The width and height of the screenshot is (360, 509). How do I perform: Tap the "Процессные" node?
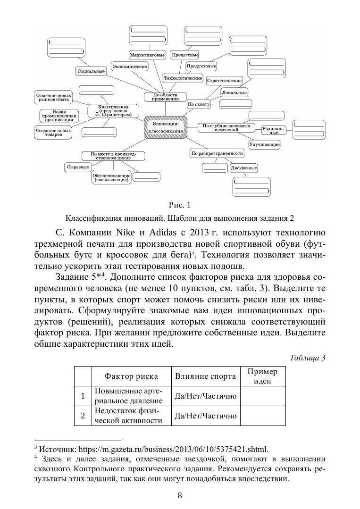[x=184, y=55]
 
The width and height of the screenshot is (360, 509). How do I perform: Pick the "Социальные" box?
[x=91, y=71]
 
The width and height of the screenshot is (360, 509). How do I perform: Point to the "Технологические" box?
[x=183, y=78]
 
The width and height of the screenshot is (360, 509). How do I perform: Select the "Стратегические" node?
[x=225, y=81]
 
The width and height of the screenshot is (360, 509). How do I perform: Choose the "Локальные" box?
[x=234, y=92]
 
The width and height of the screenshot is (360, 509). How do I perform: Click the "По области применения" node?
[x=166, y=97]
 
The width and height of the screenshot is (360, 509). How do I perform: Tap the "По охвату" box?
[x=198, y=104]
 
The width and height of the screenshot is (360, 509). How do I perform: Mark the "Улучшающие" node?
[x=264, y=144]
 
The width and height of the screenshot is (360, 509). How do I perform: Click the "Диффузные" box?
[x=243, y=168]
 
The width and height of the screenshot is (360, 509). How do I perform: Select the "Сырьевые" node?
[x=77, y=167]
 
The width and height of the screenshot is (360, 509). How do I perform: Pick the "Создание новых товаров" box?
[x=53, y=133]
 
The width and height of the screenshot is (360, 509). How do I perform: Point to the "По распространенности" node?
[x=217, y=153]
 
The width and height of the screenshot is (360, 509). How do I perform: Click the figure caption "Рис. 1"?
[x=179, y=205]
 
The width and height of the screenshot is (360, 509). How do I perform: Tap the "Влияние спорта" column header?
[x=205, y=376]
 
